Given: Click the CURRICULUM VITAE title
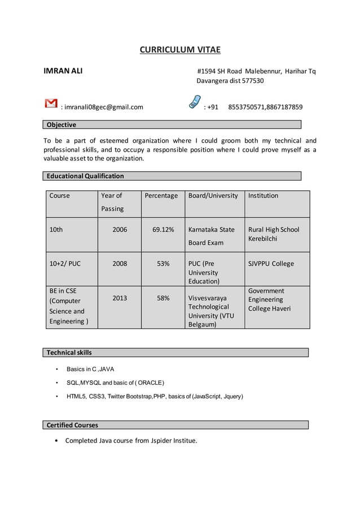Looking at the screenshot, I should (180, 50).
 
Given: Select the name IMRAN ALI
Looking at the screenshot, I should (63, 71).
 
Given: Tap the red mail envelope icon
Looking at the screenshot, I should (51, 103).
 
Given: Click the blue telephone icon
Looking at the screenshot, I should (195, 102).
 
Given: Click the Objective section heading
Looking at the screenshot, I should (62, 125).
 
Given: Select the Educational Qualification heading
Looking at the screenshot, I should (85, 176).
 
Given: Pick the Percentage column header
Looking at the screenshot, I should (161, 196).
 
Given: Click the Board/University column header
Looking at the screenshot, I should (213, 196).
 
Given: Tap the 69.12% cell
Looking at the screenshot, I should (163, 230).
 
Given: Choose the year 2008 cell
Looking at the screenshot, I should (120, 264).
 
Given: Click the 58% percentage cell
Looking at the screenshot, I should (163, 298).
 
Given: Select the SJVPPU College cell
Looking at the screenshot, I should (271, 264).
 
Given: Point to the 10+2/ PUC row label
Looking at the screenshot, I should (65, 264).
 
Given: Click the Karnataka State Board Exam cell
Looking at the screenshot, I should (212, 236).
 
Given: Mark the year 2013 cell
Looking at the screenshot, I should (120, 298).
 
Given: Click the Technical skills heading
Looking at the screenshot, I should (69, 353).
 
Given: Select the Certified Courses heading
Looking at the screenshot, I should (72, 425).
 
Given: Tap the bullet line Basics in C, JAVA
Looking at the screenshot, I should (90, 369).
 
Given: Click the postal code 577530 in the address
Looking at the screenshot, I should (252, 81).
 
